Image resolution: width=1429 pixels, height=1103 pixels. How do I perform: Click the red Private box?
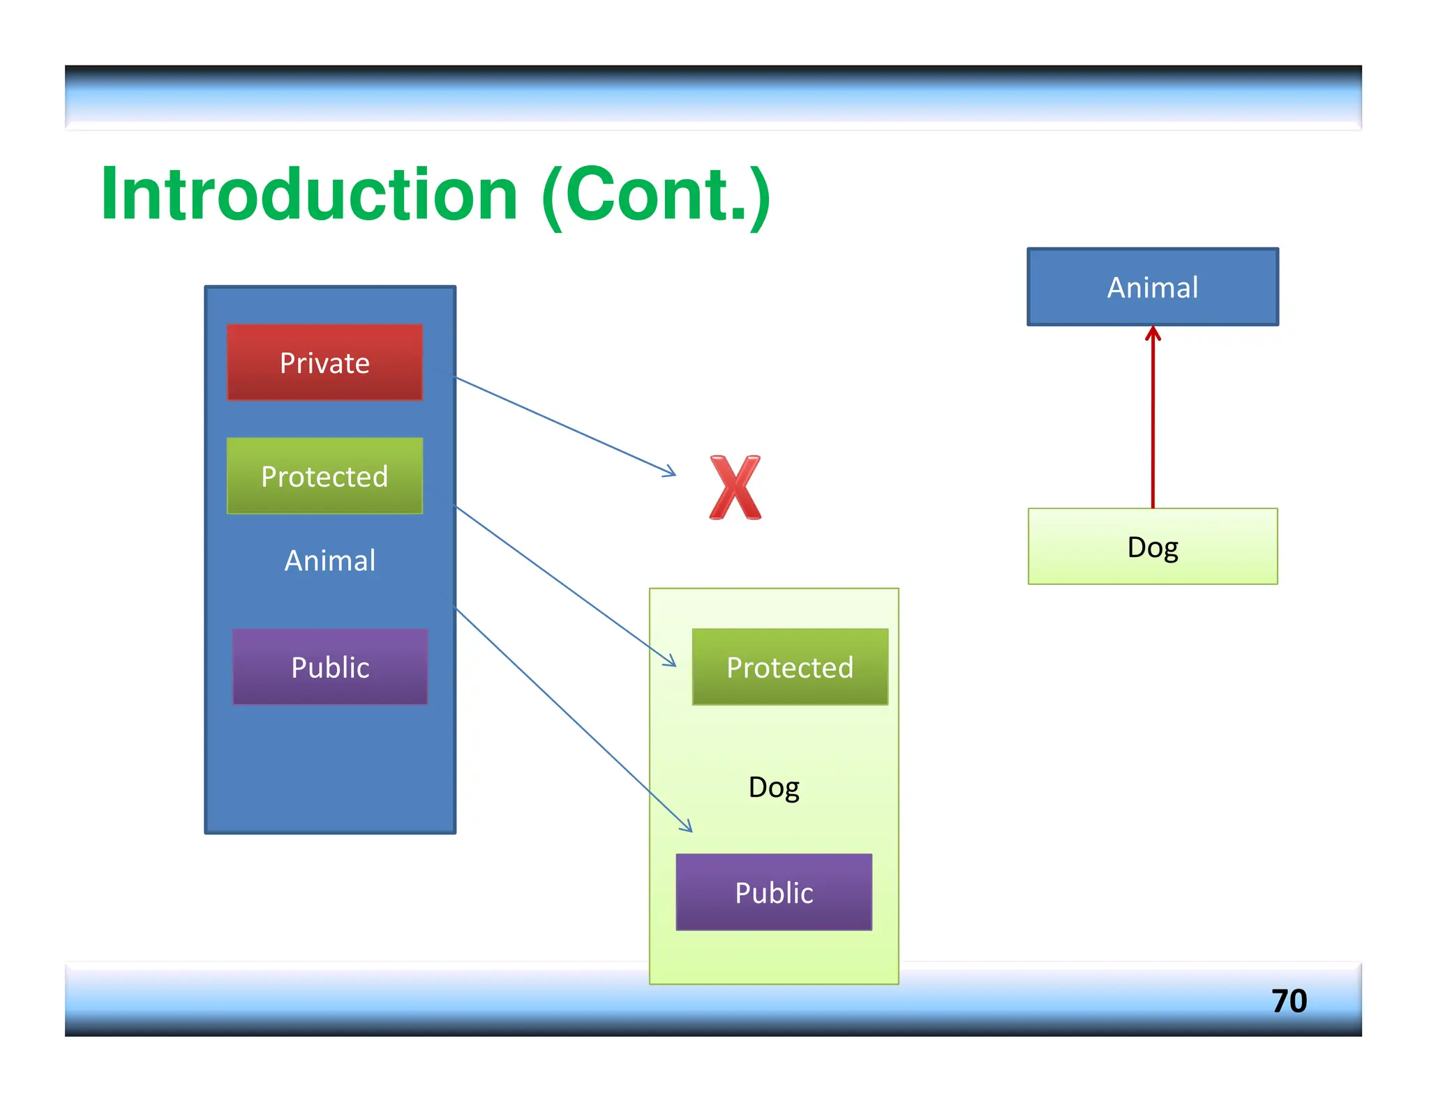point(324,362)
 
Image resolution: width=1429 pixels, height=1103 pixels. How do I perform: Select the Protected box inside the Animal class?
point(324,476)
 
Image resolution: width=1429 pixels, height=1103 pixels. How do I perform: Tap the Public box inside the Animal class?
point(330,667)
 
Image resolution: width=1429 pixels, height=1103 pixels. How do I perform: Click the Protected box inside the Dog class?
point(790,667)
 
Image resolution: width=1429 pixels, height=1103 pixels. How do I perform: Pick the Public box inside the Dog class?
point(774,892)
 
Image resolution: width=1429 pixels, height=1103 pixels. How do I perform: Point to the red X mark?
point(735,488)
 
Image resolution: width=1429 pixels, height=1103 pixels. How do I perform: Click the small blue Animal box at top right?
point(1153,287)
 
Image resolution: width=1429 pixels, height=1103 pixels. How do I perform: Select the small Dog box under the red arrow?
point(1153,547)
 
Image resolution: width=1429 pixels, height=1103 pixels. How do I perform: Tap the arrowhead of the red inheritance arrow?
point(1153,333)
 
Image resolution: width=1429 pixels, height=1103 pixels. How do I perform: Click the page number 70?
point(1289,1001)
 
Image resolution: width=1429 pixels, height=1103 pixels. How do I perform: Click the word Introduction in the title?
point(309,195)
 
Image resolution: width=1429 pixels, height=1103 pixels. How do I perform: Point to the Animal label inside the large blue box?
point(330,561)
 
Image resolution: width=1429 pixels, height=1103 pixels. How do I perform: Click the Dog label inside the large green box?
point(774,788)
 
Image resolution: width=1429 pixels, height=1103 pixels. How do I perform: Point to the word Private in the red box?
point(324,363)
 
